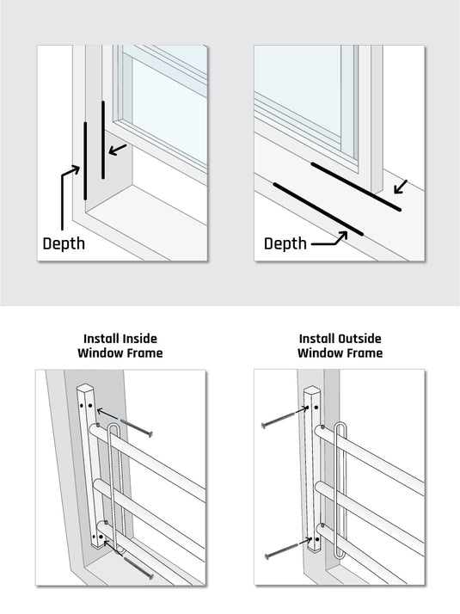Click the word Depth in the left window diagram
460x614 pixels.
click(x=64, y=243)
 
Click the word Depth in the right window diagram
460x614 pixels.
click(x=285, y=244)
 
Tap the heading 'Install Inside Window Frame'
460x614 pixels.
click(x=120, y=346)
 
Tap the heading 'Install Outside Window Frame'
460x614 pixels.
click(x=340, y=346)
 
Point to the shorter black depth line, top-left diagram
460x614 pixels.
click(x=103, y=140)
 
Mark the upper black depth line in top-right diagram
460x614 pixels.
click(x=355, y=187)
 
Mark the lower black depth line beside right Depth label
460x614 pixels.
click(x=317, y=209)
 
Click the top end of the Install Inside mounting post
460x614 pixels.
click(x=89, y=391)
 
